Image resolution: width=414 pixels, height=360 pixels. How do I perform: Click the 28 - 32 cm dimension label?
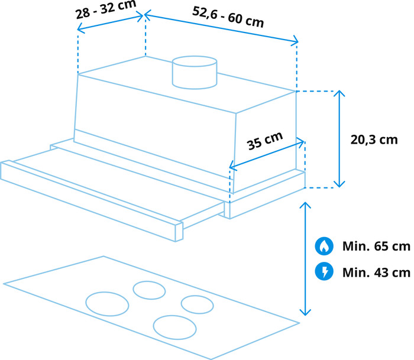[x=106, y=10]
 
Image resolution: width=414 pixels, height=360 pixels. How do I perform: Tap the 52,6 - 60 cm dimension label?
[x=228, y=17]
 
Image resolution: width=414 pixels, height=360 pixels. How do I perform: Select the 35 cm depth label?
[x=265, y=141]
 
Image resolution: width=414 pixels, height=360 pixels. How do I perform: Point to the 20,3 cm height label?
[x=374, y=140]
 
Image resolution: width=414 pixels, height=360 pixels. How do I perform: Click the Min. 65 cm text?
[x=376, y=247]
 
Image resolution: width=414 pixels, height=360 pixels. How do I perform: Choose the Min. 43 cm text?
[x=376, y=273]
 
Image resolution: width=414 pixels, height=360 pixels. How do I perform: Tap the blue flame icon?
[x=324, y=246]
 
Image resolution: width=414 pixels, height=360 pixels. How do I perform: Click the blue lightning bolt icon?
[x=324, y=271]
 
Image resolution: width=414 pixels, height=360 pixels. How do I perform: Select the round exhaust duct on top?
[x=195, y=72]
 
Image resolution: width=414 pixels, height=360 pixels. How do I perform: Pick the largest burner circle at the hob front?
[x=175, y=327]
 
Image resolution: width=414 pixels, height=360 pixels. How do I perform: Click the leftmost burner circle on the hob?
[x=107, y=304]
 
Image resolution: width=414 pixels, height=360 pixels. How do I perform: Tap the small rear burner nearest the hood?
[x=149, y=290]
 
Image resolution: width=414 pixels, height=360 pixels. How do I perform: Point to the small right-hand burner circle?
[x=197, y=304]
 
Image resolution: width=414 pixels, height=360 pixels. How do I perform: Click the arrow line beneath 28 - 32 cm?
[x=111, y=22]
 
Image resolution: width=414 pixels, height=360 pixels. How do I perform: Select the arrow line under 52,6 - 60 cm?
[x=221, y=28]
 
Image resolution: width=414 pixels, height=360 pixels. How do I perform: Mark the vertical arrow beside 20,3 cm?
[x=339, y=139]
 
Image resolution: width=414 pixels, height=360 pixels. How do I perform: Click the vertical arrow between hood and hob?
[x=305, y=259]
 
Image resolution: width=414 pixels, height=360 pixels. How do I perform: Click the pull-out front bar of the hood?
[x=91, y=200]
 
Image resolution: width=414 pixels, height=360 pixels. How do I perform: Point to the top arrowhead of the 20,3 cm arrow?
[x=339, y=91]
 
